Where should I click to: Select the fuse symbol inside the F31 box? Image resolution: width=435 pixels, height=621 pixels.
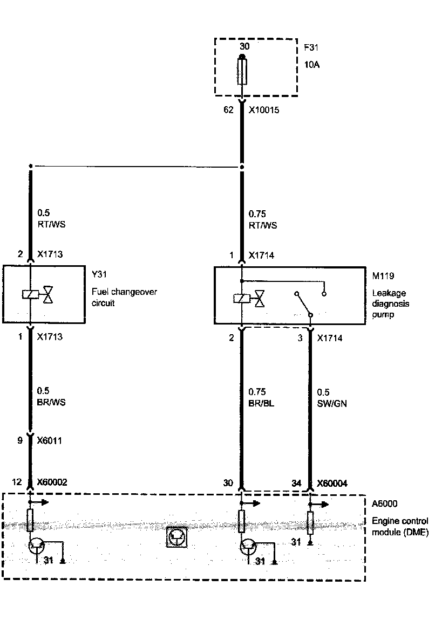coord(243,72)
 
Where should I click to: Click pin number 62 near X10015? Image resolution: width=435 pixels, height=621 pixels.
coord(228,110)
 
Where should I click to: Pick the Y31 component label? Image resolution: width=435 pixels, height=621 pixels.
coord(99,275)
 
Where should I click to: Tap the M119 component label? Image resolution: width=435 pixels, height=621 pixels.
coord(383,276)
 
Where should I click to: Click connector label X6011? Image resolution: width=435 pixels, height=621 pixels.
coord(49,440)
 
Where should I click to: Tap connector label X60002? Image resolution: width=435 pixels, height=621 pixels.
coord(52,482)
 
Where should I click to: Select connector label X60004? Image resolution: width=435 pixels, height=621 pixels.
coord(332,484)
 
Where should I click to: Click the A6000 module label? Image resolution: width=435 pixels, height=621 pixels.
coord(385,504)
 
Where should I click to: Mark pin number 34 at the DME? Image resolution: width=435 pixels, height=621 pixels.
coord(296,483)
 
